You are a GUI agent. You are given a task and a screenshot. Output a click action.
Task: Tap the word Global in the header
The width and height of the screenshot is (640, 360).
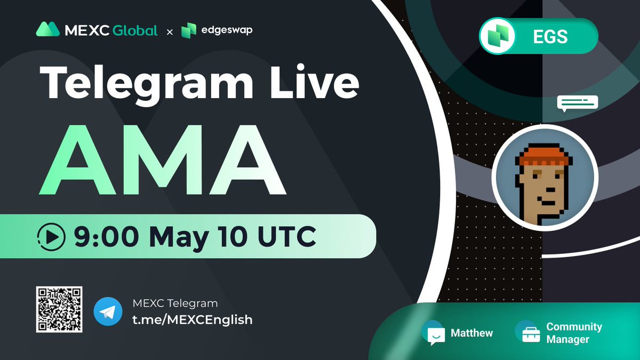pos(135,30)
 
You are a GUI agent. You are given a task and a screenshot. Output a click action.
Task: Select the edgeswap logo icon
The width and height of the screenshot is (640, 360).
pos(189,30)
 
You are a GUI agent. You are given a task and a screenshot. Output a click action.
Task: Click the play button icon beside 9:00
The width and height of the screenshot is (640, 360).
pos(52,236)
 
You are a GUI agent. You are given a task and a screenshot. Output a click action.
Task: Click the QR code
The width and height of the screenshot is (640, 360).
pos(59,309)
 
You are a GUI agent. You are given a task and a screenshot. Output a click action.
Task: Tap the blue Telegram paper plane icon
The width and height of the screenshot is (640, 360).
pos(108,312)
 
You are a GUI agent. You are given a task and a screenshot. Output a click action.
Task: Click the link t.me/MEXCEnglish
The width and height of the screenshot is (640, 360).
pos(192,319)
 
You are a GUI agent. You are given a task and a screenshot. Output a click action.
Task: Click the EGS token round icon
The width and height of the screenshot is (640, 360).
pos(498,36)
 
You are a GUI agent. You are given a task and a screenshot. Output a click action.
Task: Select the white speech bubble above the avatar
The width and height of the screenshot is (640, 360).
pos(578,103)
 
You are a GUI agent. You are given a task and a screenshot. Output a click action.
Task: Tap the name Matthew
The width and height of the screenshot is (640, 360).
pos(471,333)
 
